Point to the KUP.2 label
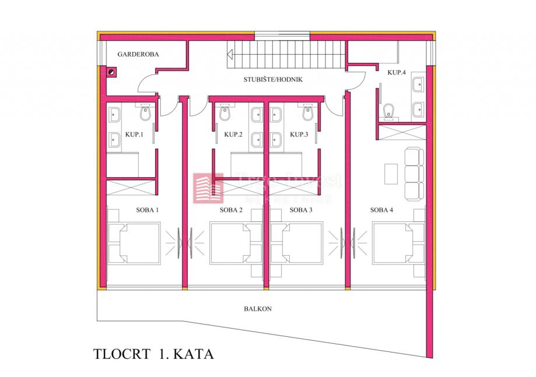[233, 134]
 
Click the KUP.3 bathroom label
[299, 134]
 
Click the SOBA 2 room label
[232, 210]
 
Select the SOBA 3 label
[301, 210]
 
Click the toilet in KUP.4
[389, 110]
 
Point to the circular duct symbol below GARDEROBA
[111, 72]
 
